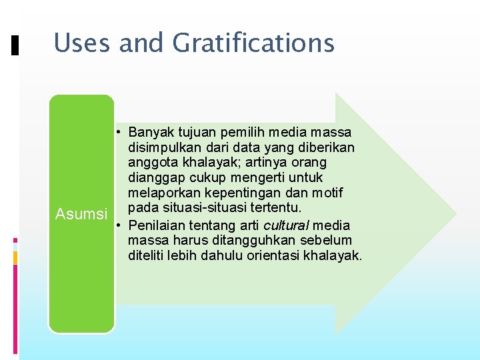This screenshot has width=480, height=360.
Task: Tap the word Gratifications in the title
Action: coord(253,43)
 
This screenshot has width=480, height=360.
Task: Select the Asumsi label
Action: coord(81,214)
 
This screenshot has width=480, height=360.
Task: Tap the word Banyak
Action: coord(151,131)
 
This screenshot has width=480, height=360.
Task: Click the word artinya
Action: coord(255,162)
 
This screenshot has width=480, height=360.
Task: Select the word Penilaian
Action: coord(155,225)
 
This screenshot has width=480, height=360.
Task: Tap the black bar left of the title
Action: coord(15,45)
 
